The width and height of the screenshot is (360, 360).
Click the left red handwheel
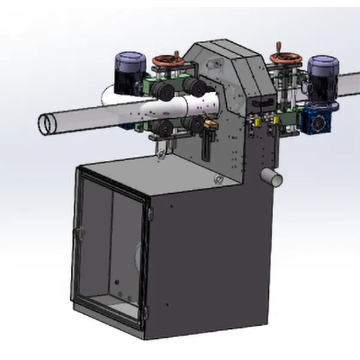tap(165, 61)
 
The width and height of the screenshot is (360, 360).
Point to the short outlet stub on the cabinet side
tap(272, 176)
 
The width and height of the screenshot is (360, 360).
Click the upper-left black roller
tap(161, 91)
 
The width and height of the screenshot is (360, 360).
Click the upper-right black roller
tap(195, 87)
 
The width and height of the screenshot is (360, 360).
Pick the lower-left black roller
tap(163, 128)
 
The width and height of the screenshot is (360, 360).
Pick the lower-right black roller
tap(194, 125)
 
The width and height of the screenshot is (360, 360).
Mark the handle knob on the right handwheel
tap(280, 46)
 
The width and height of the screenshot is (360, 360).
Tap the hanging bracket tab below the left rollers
tap(161, 153)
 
